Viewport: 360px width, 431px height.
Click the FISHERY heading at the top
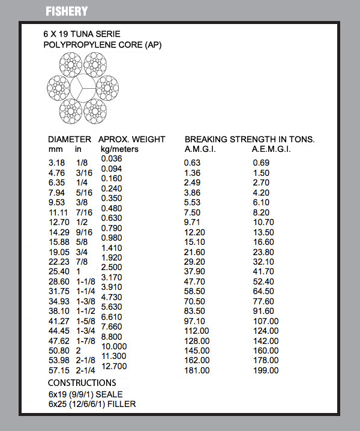[x=67, y=11]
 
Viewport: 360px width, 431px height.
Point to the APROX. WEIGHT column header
[x=131, y=139]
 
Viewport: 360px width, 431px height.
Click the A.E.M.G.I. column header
[x=271, y=149]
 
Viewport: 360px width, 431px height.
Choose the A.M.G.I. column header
[x=200, y=149]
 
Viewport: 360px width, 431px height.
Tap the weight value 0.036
[x=111, y=158]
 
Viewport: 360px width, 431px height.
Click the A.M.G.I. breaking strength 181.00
[x=197, y=370]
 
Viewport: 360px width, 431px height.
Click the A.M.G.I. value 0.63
[x=192, y=163]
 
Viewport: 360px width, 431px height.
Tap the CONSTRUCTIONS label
[x=82, y=382]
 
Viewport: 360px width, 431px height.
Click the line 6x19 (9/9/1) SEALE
[x=86, y=394]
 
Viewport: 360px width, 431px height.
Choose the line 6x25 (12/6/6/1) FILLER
[x=92, y=404]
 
